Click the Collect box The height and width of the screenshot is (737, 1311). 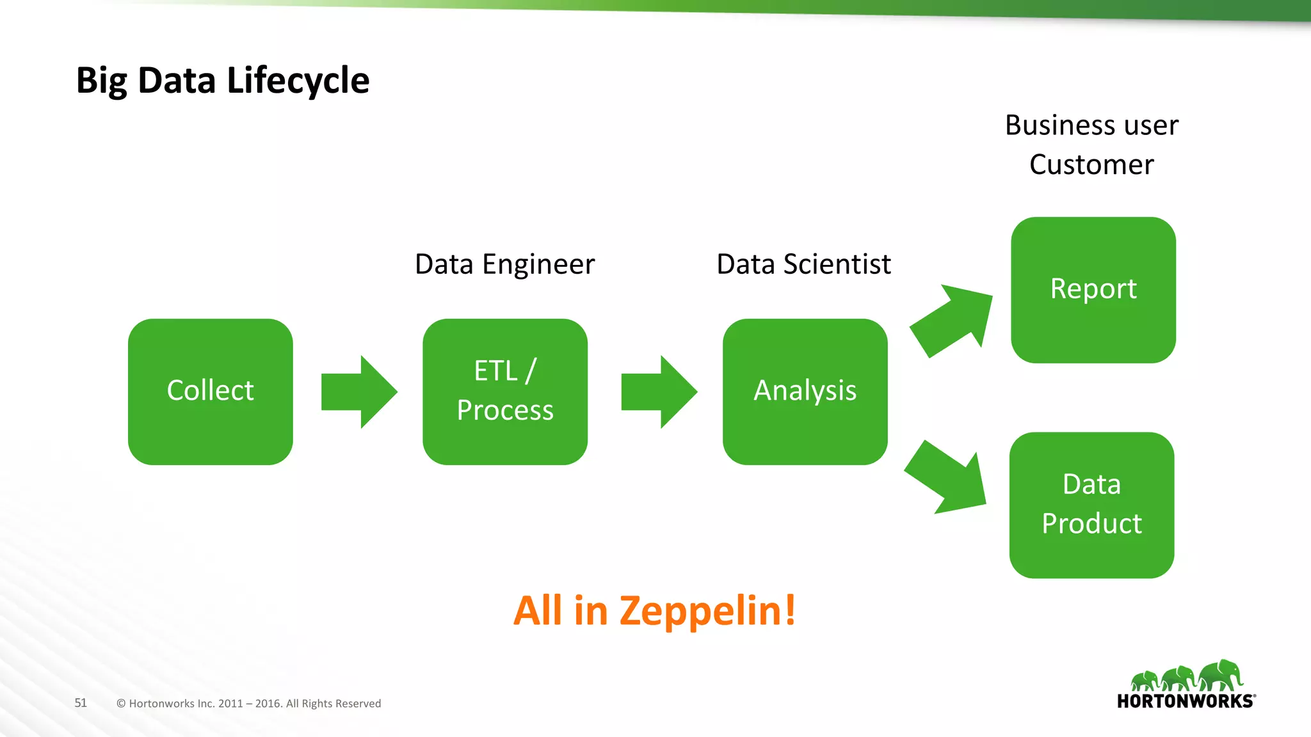point(210,392)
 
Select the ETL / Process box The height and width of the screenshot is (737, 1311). point(505,392)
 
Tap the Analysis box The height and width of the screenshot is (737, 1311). point(805,392)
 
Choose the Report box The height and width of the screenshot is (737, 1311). point(1093,290)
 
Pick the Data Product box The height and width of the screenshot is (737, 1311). point(1091,505)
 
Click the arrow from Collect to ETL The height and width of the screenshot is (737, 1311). point(358,392)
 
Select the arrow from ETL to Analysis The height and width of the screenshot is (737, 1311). point(659,392)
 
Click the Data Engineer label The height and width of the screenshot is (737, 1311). point(504,264)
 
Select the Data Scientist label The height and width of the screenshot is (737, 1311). point(803,264)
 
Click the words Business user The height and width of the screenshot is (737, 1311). point(1091,125)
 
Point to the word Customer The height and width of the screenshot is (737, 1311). point(1091,165)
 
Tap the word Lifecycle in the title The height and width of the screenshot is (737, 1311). point(298,81)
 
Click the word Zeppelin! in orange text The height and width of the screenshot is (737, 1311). point(707,611)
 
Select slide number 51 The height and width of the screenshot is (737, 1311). point(81,702)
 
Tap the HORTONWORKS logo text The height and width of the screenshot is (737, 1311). point(1185,701)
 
